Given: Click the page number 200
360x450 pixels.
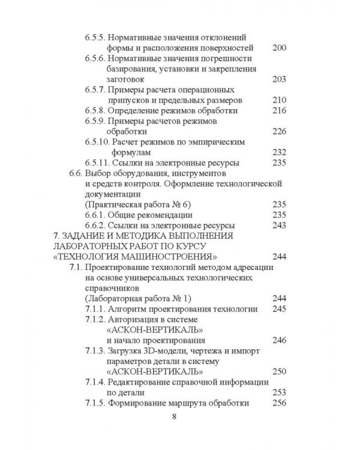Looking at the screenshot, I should pos(280,48).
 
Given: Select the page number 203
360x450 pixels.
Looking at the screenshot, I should pos(280,79).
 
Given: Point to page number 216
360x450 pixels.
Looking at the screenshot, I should pos(280,110).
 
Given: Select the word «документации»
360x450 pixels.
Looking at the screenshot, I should pos(111,194).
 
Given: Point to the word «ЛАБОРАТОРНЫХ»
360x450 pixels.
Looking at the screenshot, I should pos(87,246).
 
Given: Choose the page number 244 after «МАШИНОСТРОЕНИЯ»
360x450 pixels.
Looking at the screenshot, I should pos(280,257).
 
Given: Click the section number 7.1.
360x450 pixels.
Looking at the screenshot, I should pos(76,267).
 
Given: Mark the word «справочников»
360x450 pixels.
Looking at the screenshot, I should pos(111,288).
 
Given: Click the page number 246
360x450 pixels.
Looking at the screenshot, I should pos(280,340).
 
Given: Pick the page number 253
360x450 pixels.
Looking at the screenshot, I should pos(280,392).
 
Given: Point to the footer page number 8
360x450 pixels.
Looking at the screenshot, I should pos(174,418).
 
